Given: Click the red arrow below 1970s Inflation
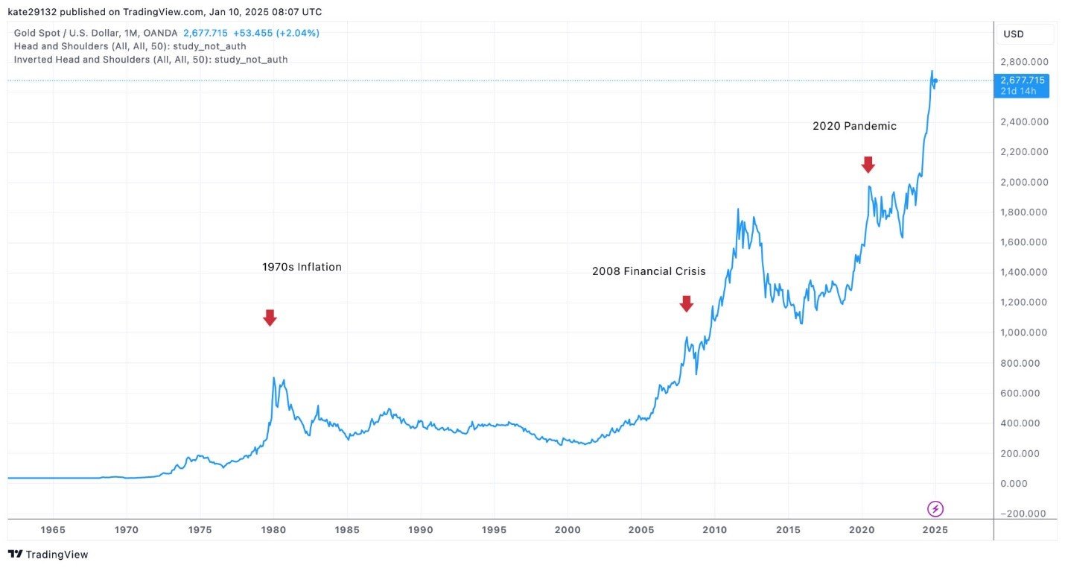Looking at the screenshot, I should (x=270, y=318).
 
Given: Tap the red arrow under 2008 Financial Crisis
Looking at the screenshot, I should (x=686, y=303).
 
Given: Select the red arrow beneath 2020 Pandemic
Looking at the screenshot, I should (x=868, y=165).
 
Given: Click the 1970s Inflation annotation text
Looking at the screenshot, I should (x=302, y=267).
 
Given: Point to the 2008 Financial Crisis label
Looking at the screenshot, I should (x=648, y=271).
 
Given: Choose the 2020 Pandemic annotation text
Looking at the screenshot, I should (x=854, y=127).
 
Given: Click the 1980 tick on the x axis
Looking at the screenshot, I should (x=273, y=530).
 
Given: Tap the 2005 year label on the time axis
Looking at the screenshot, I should (x=641, y=530).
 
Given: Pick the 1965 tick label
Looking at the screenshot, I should (x=53, y=530).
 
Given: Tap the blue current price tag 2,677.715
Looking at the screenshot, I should (x=1022, y=81).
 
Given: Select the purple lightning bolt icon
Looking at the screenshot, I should (x=935, y=509).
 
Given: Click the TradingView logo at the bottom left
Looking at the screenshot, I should (x=48, y=555).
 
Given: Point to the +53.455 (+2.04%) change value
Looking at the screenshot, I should (x=276, y=33).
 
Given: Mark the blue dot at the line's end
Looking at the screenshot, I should (x=935, y=81).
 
